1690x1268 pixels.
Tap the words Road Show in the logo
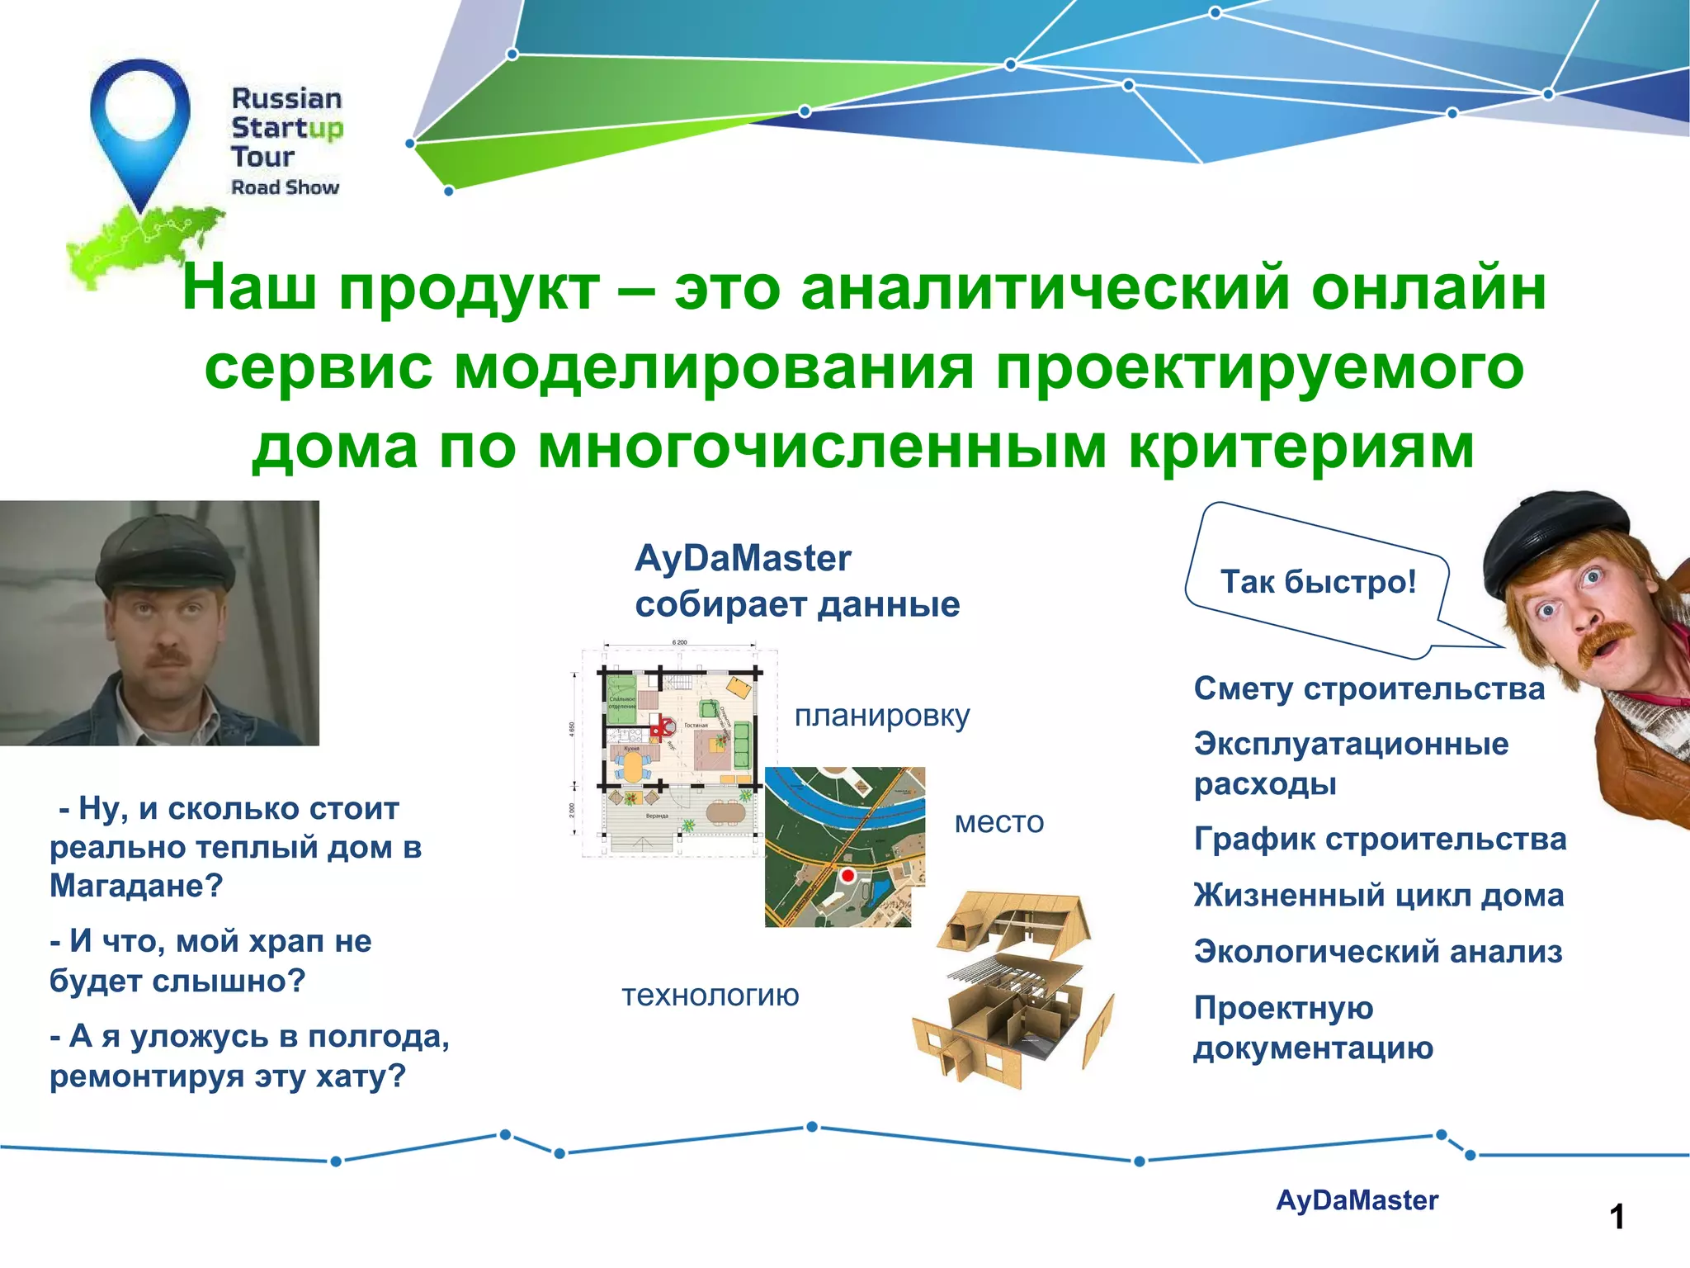285,187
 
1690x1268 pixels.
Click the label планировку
881,715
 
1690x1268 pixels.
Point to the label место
998,821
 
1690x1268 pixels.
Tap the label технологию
710,995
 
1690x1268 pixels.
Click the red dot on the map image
847,876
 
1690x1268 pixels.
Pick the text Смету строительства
1368,688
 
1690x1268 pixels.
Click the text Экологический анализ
1377,951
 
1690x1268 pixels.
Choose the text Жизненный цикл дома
1378,895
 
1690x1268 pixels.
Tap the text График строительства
1379,839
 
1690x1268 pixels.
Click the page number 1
1617,1217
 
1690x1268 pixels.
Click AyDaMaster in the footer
1357,1199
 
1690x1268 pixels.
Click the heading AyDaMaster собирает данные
796,581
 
